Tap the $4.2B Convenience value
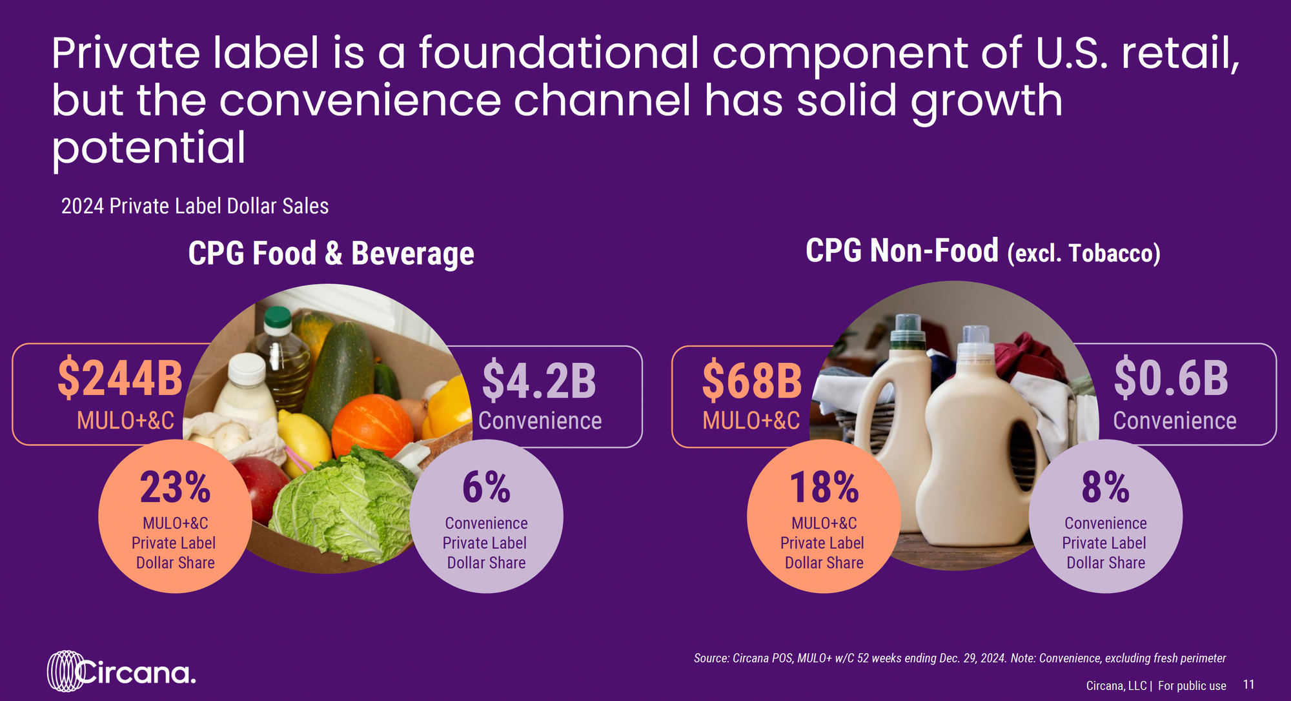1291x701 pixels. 539,381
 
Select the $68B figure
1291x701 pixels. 752,381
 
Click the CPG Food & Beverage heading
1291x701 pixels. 331,253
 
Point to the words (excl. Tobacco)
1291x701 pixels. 1084,253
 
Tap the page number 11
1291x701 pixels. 1249,684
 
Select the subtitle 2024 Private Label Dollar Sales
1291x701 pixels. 195,206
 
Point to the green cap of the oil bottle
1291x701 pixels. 278,318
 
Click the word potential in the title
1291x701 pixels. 148,148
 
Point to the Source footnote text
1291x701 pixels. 960,658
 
